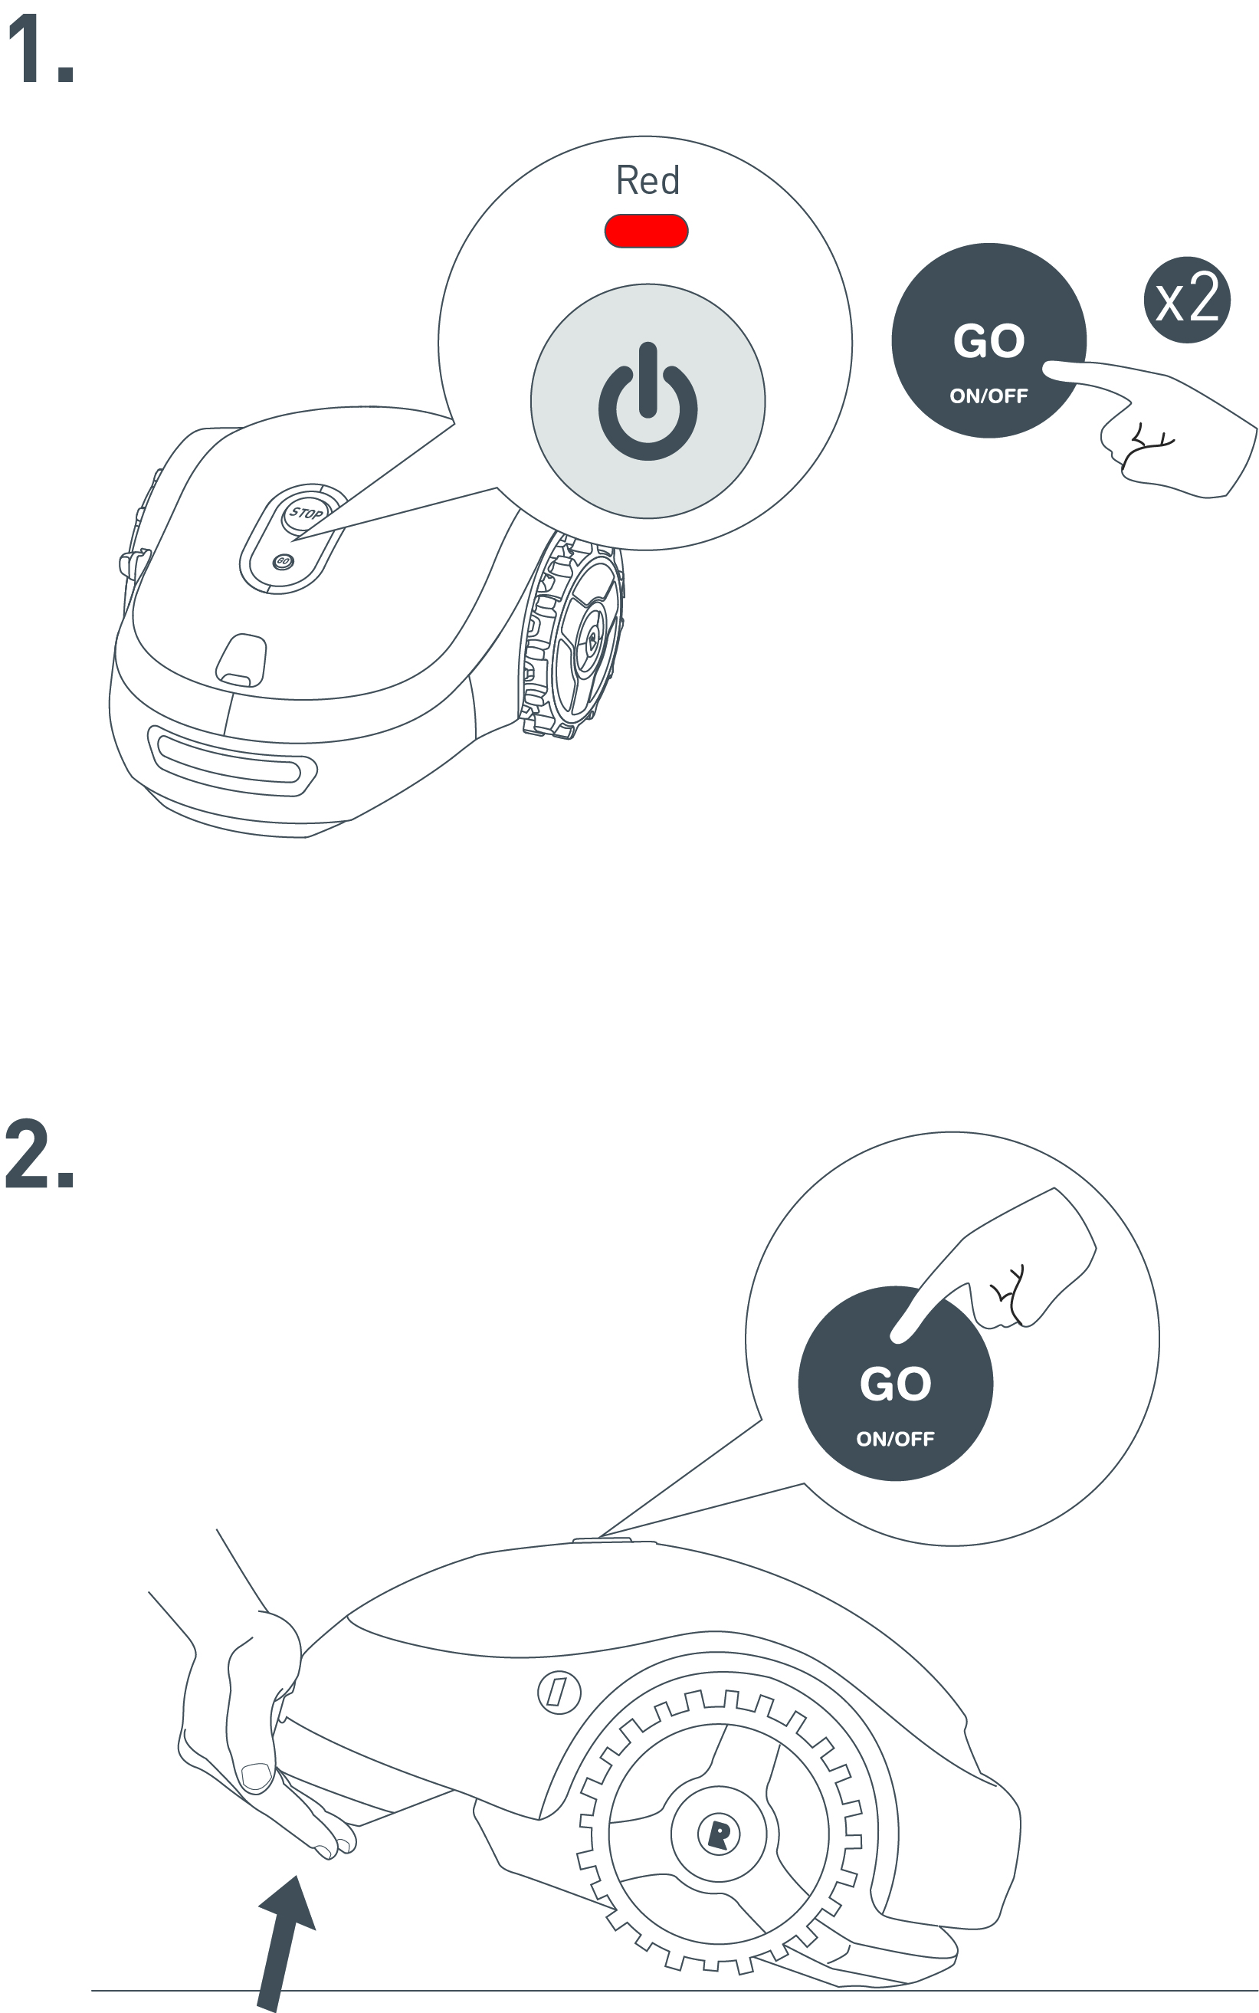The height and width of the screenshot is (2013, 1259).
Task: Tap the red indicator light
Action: click(646, 231)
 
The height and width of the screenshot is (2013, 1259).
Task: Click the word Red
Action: click(648, 180)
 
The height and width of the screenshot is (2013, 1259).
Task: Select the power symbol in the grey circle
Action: click(648, 402)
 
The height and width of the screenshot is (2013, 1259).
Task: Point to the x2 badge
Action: click(1188, 300)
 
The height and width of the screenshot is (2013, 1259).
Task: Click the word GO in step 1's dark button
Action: click(989, 341)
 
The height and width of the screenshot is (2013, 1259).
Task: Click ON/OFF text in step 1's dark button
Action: click(989, 396)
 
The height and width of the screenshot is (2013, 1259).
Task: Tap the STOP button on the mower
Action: click(306, 512)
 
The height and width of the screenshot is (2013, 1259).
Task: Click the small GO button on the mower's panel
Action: click(283, 561)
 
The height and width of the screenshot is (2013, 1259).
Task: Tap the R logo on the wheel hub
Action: click(720, 1833)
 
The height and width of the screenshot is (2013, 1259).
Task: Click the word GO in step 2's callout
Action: click(895, 1384)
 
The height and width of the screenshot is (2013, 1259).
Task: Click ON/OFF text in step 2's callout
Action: click(895, 1439)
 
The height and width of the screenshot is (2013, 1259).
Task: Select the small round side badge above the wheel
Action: click(559, 1692)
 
